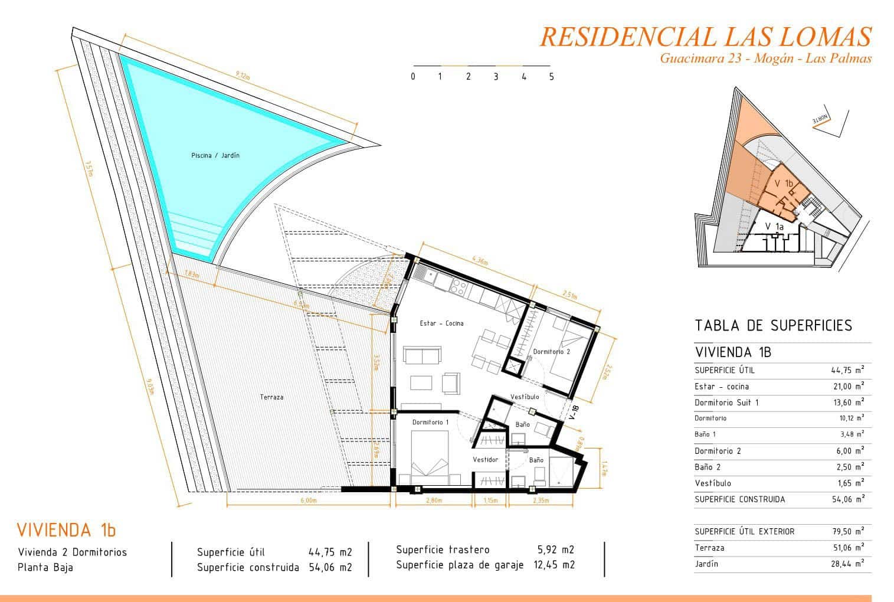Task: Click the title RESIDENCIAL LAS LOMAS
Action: coord(705,37)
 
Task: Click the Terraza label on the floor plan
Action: coord(271,397)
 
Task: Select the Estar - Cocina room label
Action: coord(441,323)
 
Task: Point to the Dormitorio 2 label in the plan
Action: coord(552,352)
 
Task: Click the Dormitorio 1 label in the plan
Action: coord(430,422)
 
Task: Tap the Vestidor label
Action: coord(486,459)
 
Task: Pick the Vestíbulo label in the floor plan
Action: coord(525,397)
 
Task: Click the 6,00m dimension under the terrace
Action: coord(309,500)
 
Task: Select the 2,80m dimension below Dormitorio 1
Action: coord(433,500)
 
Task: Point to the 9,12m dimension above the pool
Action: coord(243,74)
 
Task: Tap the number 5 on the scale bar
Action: coord(552,77)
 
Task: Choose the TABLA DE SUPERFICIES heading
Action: coord(773,325)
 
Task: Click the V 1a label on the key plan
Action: coord(774,227)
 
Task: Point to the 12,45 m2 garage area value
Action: coord(554,565)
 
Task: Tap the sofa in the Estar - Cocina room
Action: coord(422,356)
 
